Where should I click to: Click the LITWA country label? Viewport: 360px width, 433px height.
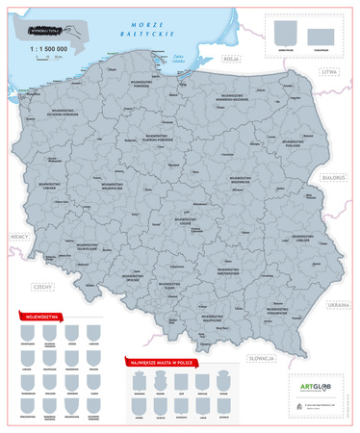click(333, 71)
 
